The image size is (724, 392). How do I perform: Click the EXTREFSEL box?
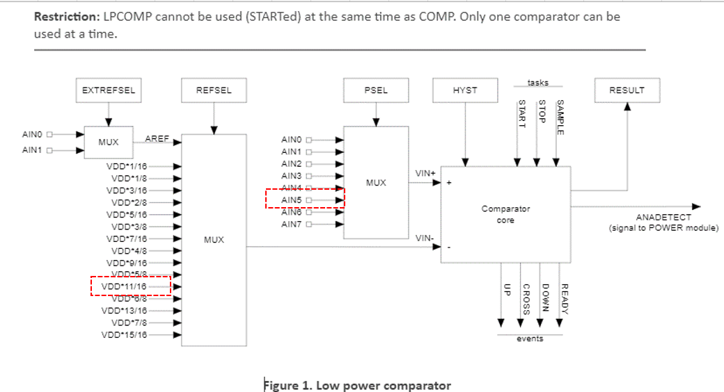coord(108,90)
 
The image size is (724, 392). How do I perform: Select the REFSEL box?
coord(214,90)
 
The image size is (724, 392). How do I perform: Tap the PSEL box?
coord(376,90)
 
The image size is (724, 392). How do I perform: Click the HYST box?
coord(465,90)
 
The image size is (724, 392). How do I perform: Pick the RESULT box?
coord(627,90)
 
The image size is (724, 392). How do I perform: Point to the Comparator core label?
coord(505,214)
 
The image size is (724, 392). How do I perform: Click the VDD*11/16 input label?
coord(124,286)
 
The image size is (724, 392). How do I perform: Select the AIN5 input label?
coord(291,200)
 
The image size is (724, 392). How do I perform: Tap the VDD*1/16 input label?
coord(126,166)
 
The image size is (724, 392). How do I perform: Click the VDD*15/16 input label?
coord(124,335)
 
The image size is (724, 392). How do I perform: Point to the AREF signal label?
coord(157,139)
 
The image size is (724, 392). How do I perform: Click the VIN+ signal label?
coord(425,172)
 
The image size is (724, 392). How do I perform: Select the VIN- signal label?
coord(425,238)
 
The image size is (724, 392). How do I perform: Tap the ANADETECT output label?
coord(663,218)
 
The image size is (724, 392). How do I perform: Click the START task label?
coord(521,113)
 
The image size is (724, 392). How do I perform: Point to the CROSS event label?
coord(526,300)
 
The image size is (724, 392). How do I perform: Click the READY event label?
coord(565,300)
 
